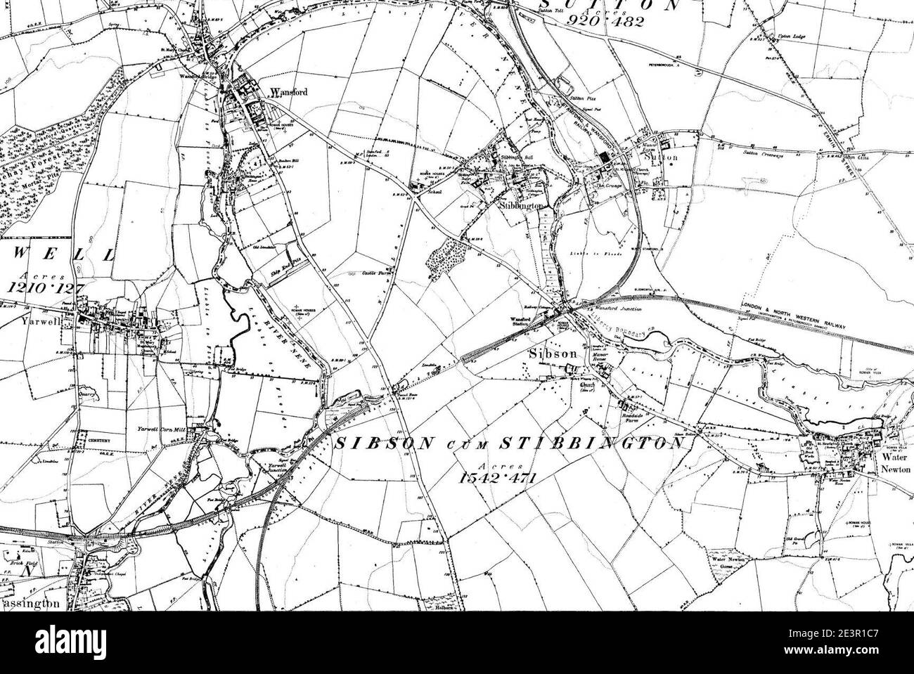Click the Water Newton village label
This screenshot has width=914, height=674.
click(895, 462)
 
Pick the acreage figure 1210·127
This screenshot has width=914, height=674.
click(45, 287)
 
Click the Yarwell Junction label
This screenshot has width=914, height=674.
click(271, 468)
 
